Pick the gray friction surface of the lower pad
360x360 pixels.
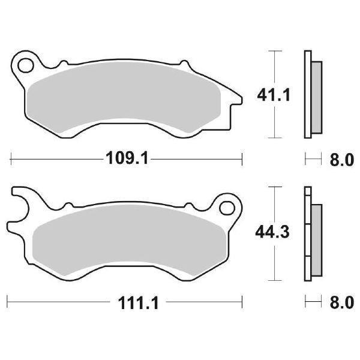126,240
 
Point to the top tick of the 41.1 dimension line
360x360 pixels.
275,51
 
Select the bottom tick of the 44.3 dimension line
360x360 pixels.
275,281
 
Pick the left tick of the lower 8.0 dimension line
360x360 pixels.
305,303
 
